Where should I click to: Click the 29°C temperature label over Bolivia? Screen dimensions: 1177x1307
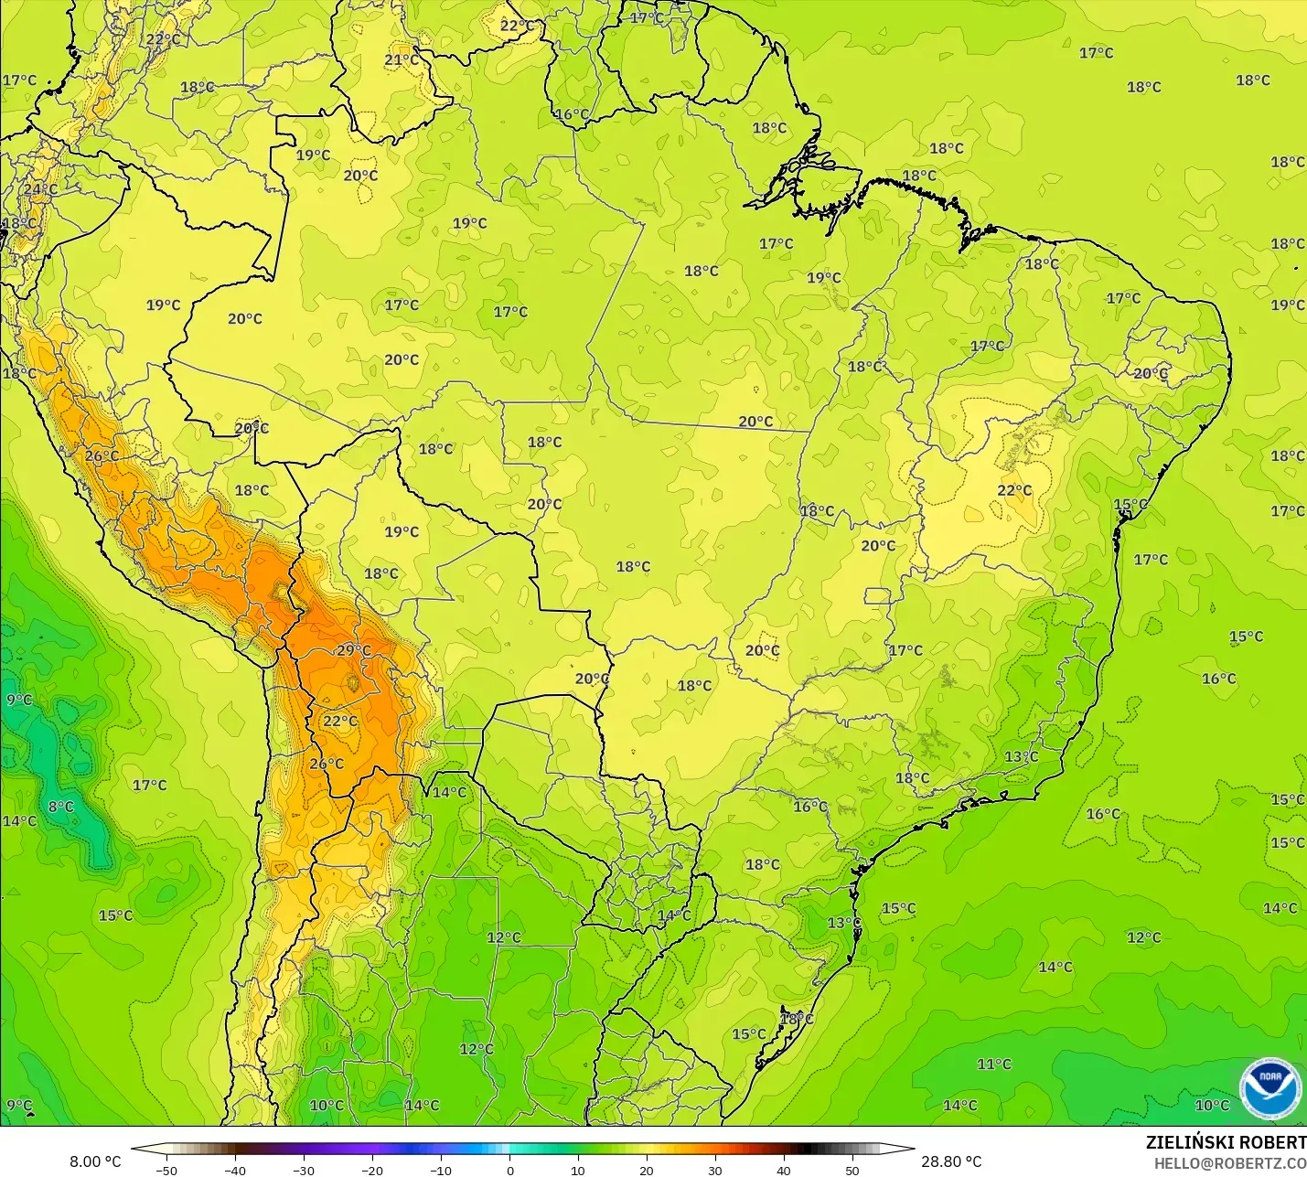pyautogui.click(x=354, y=651)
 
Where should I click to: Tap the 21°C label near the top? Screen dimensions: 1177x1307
pyautogui.click(x=401, y=60)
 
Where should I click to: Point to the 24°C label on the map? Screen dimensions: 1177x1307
pyautogui.click(x=40, y=189)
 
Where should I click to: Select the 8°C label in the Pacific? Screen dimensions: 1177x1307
pyautogui.click(x=61, y=807)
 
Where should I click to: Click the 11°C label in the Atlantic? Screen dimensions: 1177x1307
pyautogui.click(x=994, y=1064)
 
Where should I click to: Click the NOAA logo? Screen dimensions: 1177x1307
pyautogui.click(x=1270, y=1088)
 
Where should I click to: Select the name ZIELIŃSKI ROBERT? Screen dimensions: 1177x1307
pyautogui.click(x=1226, y=1142)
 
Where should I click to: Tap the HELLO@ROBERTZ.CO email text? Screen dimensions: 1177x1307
pyautogui.click(x=1229, y=1163)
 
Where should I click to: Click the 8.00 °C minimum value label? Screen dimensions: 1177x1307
pyautogui.click(x=95, y=1161)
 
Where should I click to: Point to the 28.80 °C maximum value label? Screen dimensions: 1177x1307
pyautogui.click(x=951, y=1161)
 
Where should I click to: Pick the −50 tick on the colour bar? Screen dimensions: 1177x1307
pyautogui.click(x=166, y=1170)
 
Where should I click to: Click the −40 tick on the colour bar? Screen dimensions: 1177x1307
pyautogui.click(x=235, y=1170)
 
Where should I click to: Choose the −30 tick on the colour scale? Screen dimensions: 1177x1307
pyautogui.click(x=304, y=1170)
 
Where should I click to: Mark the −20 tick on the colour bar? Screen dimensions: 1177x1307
pyautogui.click(x=372, y=1170)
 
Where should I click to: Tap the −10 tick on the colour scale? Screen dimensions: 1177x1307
pyautogui.click(x=441, y=1170)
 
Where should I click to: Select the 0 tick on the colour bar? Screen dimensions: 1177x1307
pyautogui.click(x=509, y=1170)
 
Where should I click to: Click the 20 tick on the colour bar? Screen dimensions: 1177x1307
pyautogui.click(x=647, y=1170)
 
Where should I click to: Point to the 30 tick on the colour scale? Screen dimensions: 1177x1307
pyautogui.click(x=715, y=1170)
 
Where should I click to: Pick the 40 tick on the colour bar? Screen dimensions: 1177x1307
pyautogui.click(x=784, y=1170)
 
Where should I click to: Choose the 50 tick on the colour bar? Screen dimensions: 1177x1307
pyautogui.click(x=852, y=1170)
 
